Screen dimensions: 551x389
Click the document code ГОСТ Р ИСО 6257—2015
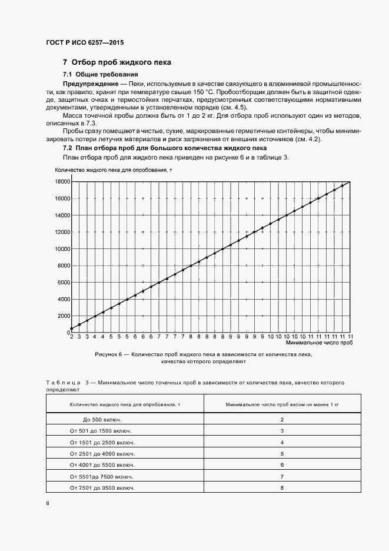85,43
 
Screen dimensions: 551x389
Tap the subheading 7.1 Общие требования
100,75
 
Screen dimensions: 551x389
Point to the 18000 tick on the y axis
62,182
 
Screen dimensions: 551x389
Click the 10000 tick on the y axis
62,249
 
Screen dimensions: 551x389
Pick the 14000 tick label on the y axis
62,215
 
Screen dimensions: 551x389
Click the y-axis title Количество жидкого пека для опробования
114,170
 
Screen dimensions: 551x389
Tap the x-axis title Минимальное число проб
319,342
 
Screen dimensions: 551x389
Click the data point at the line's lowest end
72,328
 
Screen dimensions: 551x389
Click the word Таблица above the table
64,382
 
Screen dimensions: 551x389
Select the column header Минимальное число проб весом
282,404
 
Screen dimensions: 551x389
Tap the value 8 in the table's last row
282,488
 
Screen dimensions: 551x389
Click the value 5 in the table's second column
282,454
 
